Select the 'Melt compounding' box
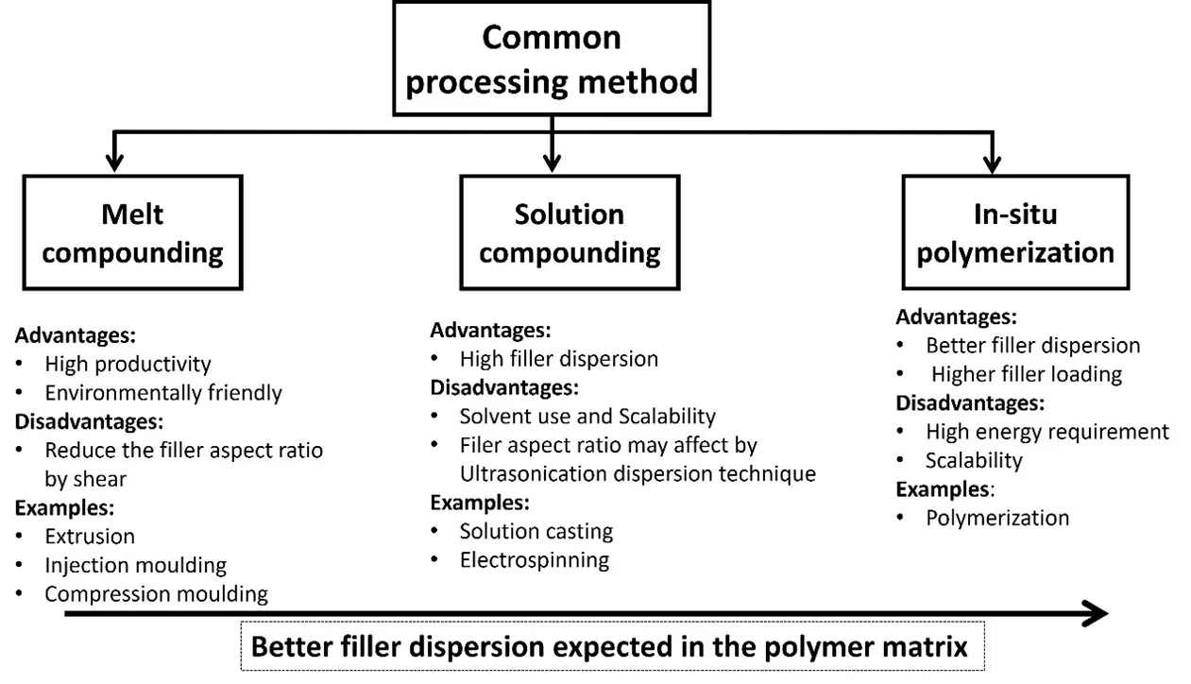coord(133,232)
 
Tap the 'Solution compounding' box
coord(570,232)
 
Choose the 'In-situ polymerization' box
coord(1015,232)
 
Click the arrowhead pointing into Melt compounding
coord(115,162)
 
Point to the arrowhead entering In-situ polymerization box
coord(991,162)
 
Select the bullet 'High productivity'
coord(128,364)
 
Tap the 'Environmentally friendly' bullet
coord(162,392)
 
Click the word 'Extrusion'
coord(90,536)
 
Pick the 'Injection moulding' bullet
coord(135,565)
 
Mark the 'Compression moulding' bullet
coord(156,593)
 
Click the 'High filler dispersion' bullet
coord(558,359)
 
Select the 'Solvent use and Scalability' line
coord(587,416)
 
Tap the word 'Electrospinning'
coord(534,559)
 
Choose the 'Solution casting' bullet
coord(536,531)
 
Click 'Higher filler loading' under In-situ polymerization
coord(1027,374)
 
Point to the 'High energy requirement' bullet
coord(1046,432)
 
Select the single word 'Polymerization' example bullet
coord(996,518)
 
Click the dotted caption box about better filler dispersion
coord(612,646)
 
